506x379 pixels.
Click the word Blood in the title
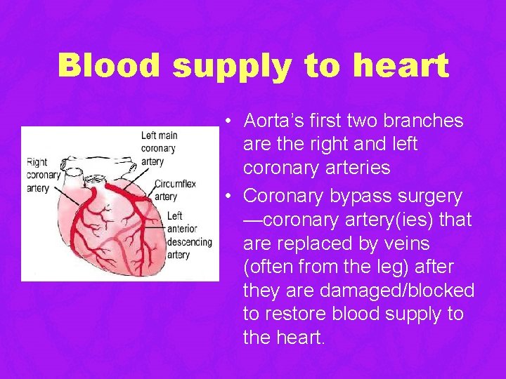click(x=111, y=66)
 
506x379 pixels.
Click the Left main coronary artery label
click(x=159, y=148)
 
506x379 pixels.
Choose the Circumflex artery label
click(x=170, y=191)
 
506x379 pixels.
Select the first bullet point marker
click(x=229, y=121)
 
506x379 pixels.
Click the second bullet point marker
click(x=229, y=196)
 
